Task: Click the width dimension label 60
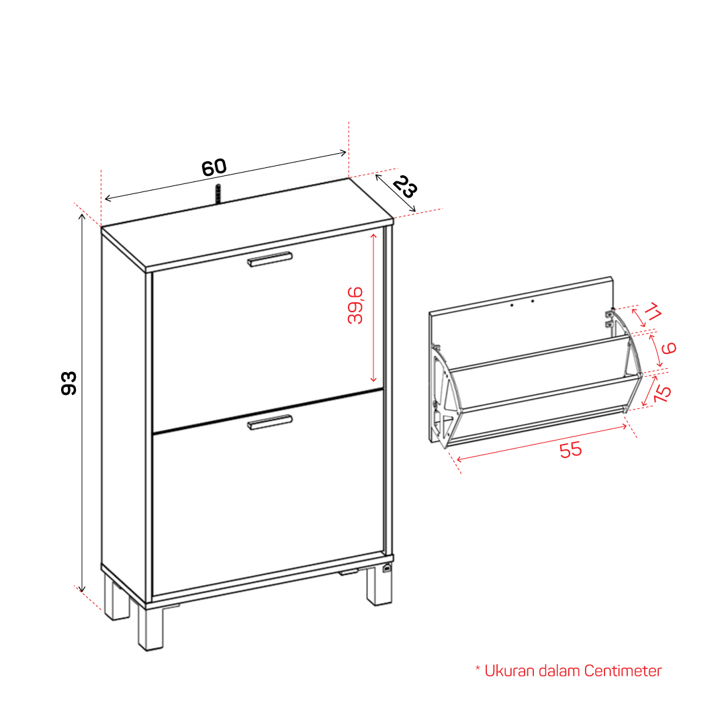point(214,168)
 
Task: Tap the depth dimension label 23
point(405,187)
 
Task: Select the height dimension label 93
point(69,382)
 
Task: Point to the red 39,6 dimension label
point(355,305)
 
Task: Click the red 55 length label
point(570,449)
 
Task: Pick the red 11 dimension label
point(652,311)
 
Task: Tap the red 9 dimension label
point(669,348)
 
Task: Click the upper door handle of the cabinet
point(270,259)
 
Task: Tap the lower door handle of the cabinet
point(270,422)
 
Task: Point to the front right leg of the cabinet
point(379,585)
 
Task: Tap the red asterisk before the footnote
point(478,668)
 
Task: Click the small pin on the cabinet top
point(218,193)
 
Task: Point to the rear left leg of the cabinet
point(116,598)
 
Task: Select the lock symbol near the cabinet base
point(387,568)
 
